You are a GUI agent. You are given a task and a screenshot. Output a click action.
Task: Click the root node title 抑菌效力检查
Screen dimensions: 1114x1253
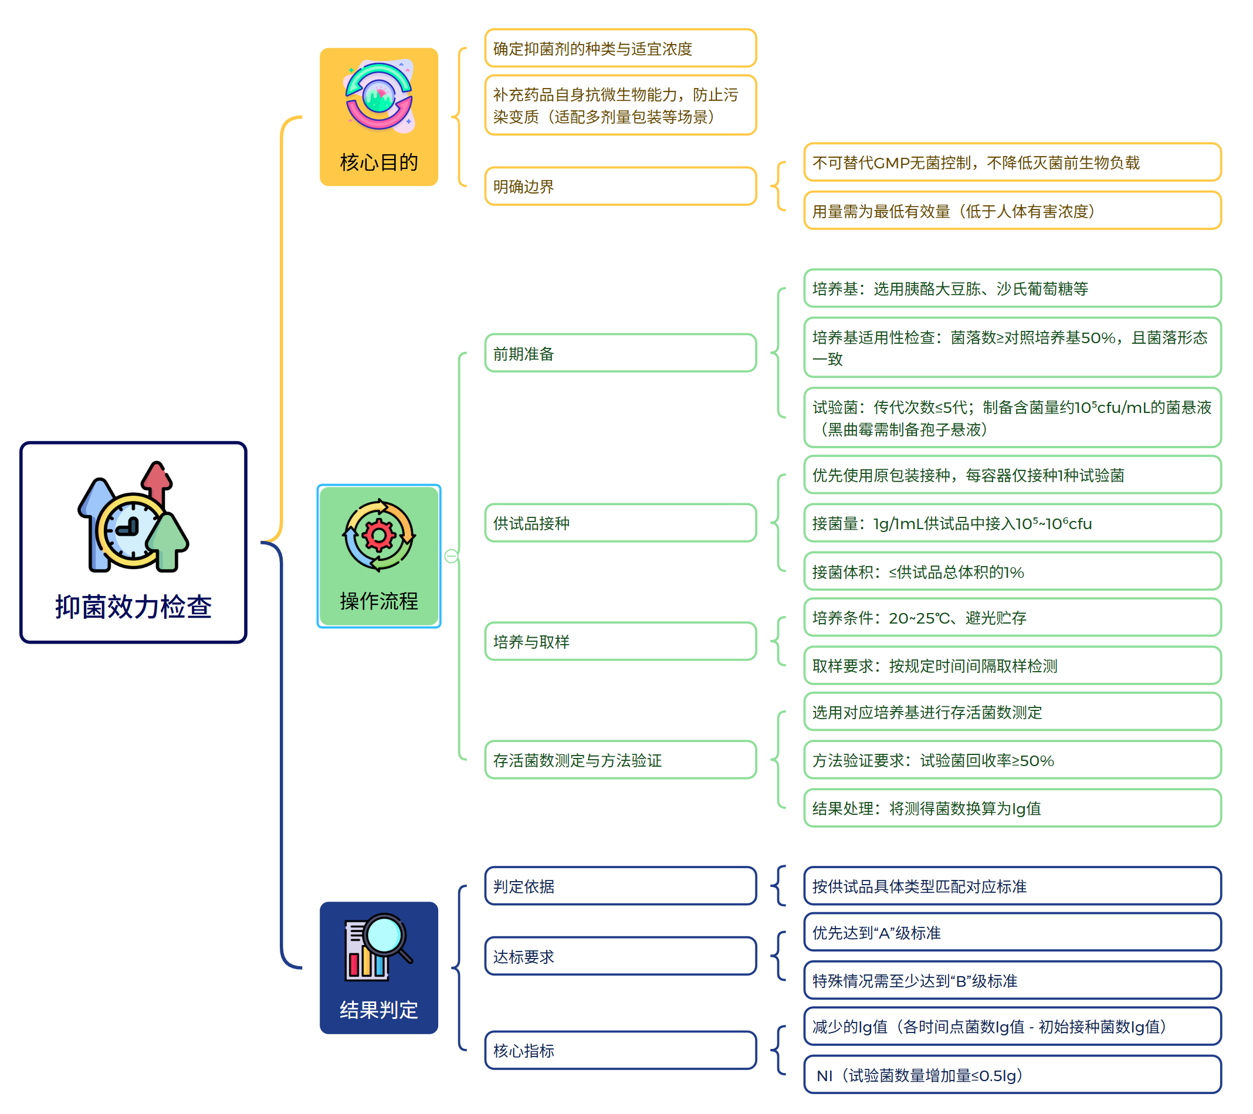[x=133, y=607]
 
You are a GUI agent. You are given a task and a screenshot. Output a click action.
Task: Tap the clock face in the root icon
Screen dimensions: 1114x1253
[x=131, y=529]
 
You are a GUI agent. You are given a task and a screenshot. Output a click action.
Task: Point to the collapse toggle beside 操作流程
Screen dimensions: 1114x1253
[x=451, y=556]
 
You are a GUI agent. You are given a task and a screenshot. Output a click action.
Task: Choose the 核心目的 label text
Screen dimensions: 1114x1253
[x=379, y=162]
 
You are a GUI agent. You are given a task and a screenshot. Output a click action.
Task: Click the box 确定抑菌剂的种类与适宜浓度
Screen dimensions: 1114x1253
[x=621, y=49]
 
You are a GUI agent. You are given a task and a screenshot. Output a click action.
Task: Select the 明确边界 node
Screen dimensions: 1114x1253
[x=621, y=187]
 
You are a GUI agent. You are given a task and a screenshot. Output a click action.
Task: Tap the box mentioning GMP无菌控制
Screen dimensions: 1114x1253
[x=1012, y=162]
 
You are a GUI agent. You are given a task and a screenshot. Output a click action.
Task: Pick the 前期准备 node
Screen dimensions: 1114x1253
[x=621, y=354]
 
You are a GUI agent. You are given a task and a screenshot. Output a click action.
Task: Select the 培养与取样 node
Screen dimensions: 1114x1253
[x=621, y=642]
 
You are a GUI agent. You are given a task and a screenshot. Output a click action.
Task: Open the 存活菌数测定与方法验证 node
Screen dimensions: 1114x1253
[x=621, y=760]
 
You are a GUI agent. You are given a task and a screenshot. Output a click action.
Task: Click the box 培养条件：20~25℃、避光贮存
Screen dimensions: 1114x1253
[x=1012, y=618]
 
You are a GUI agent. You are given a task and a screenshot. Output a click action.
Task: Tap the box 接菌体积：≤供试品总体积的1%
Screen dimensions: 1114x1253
[x=1012, y=572]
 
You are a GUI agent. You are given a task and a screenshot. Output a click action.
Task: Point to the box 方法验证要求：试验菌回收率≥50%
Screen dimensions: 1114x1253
[x=1012, y=760]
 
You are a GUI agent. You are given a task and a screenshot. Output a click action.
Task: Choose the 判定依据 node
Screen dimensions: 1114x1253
[x=621, y=886]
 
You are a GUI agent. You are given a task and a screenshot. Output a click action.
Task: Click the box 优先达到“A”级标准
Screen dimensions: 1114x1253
[x=1012, y=933]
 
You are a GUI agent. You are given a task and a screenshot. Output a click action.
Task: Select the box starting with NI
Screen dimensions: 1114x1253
[x=1012, y=1075]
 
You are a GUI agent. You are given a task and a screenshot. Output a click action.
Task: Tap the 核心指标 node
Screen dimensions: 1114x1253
[x=621, y=1051]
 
